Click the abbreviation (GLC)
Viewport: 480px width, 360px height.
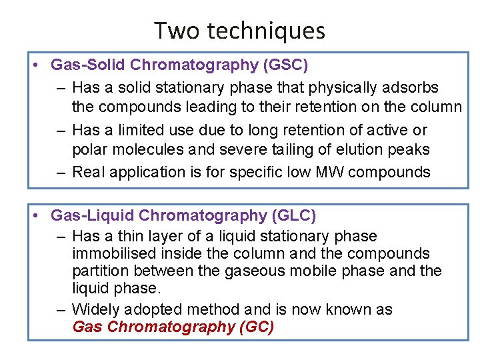pyautogui.click(x=292, y=216)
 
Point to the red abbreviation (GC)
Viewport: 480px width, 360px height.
pyautogui.click(x=253, y=327)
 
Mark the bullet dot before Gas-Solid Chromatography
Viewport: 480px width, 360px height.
pyautogui.click(x=39, y=65)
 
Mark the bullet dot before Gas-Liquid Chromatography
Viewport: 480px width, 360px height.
pyautogui.click(x=39, y=216)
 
